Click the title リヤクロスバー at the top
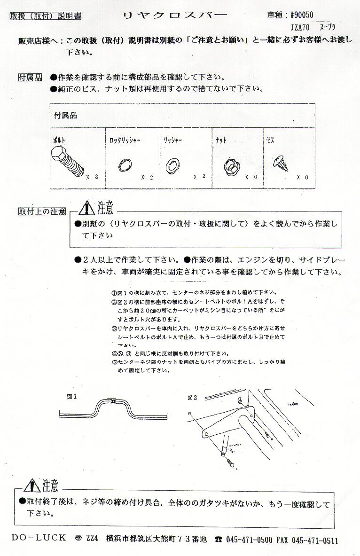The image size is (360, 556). coord(174,15)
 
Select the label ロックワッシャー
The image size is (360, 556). coord(125,140)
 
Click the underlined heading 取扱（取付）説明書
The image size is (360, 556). coord(45,16)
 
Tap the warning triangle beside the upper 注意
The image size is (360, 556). coord(87,207)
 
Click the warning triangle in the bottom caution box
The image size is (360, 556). coord(31,485)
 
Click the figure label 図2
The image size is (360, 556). coord(192,398)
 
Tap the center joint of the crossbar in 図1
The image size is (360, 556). coord(113,401)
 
